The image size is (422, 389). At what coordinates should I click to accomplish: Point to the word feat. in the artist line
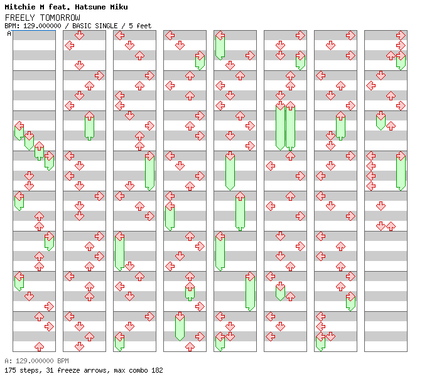[x=60, y=7]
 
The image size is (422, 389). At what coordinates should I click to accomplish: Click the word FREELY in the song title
[x=18, y=18]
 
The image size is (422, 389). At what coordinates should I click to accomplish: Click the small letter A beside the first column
[x=9, y=34]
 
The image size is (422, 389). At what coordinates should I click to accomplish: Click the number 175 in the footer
[x=10, y=370]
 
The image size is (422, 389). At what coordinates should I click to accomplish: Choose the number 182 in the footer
[x=156, y=370]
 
